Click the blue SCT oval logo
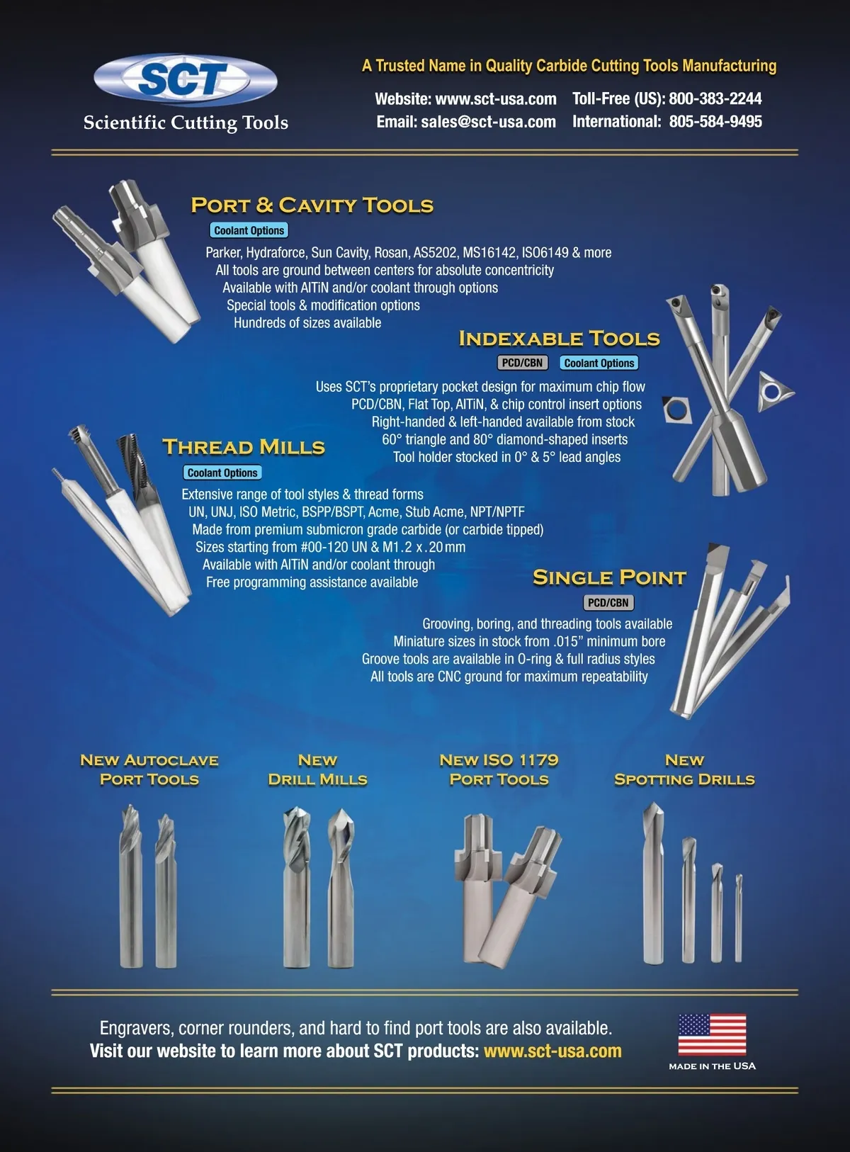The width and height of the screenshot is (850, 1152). pos(186,79)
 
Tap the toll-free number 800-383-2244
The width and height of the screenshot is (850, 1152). pos(715,98)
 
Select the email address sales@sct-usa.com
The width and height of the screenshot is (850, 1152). pos(488,122)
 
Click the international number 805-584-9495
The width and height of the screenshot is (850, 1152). pos(715,122)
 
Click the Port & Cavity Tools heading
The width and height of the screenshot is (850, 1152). pos(312,205)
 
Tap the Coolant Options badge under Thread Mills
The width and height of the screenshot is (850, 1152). pos(222,473)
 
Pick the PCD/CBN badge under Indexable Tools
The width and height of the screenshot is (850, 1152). pos(522,363)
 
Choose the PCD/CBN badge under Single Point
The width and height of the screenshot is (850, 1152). pos(608,602)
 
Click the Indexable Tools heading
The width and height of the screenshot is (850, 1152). pos(559,339)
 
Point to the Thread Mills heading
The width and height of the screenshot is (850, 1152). pos(244,447)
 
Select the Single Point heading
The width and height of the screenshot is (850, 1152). pos(610,577)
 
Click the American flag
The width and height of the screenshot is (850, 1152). pos(712,1034)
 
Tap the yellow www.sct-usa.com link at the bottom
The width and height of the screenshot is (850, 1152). pos(552,1051)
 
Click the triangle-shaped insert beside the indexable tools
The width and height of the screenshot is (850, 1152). pos(773,390)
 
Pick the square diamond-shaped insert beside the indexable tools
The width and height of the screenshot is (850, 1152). pos(676,410)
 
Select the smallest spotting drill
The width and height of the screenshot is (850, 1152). pos(738,918)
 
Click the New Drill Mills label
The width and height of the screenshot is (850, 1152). pos(317,769)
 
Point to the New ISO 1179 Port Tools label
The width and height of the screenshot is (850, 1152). pos(499,769)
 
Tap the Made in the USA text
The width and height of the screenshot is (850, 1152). pos(712,1066)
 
